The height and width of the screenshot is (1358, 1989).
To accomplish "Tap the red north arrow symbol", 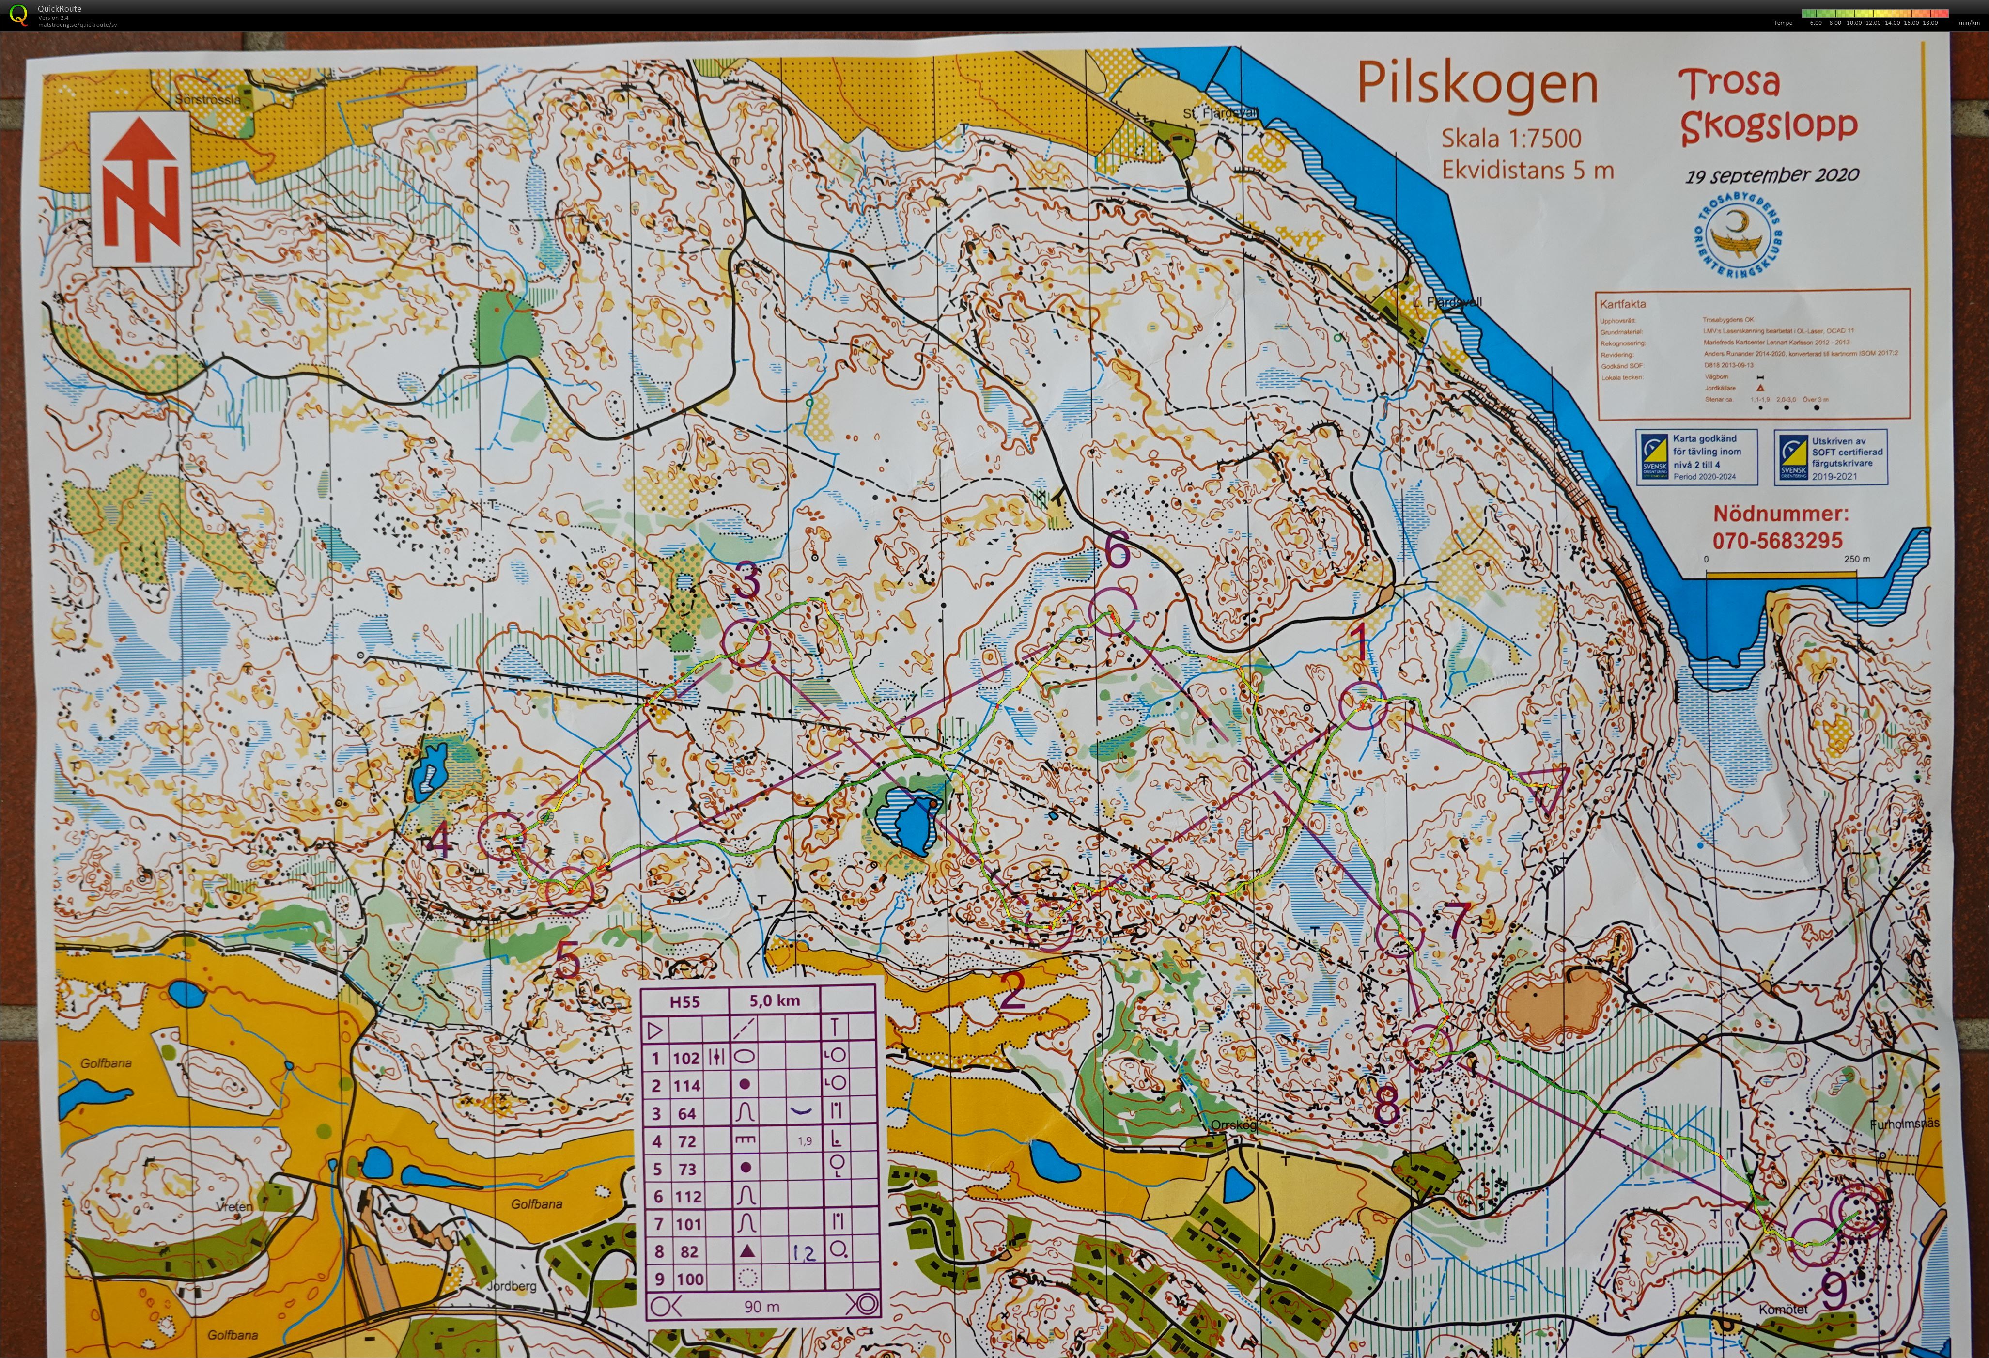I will click(140, 191).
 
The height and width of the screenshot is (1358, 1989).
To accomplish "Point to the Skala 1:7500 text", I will click(1511, 139).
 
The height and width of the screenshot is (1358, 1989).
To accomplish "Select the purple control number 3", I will click(747, 582).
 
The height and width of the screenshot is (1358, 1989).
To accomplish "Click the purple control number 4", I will click(439, 841).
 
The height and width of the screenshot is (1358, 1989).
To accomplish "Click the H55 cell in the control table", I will click(684, 1001).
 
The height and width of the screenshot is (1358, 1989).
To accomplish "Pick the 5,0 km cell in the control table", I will click(775, 1001).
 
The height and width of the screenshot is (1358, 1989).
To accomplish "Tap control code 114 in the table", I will click(686, 1086).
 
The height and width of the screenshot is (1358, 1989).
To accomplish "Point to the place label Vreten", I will click(233, 1206).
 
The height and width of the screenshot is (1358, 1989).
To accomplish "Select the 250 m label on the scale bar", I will click(1856, 559).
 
